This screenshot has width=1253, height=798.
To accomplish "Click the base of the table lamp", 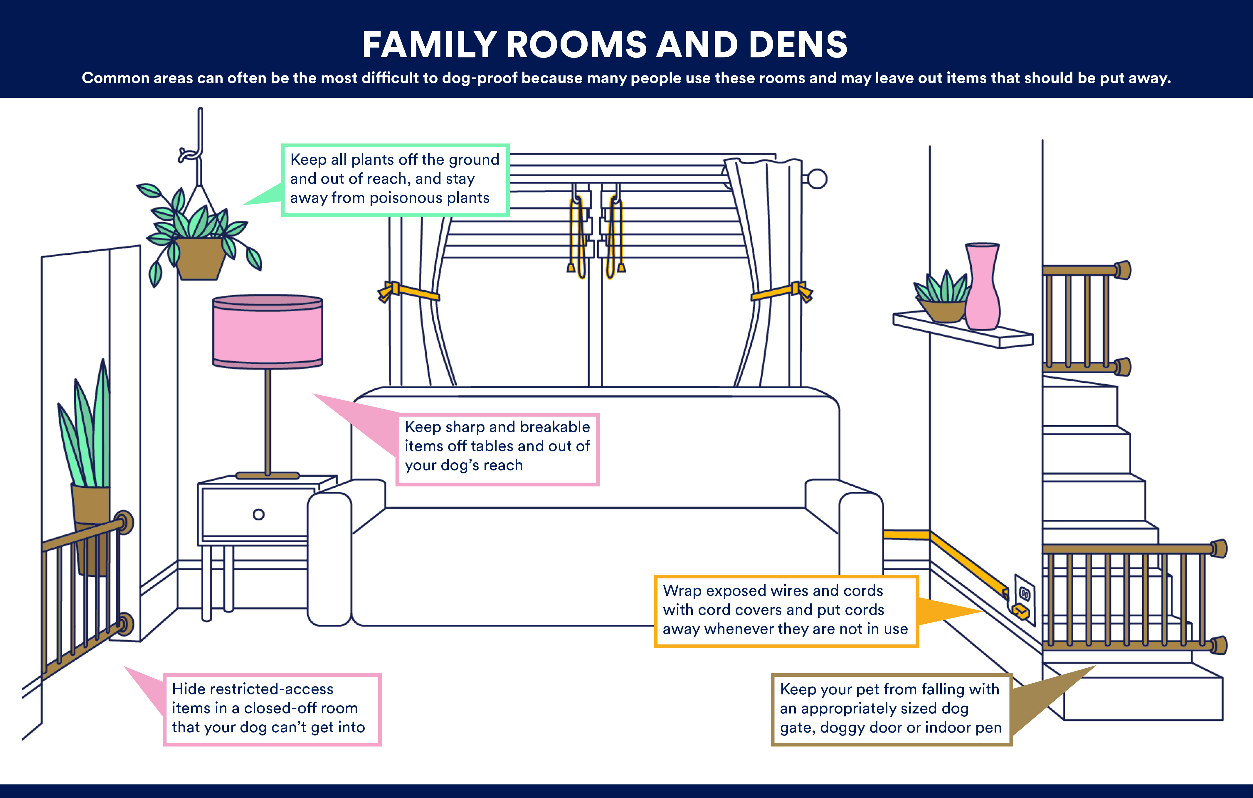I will [x=268, y=475].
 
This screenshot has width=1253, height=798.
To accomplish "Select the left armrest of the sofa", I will [x=329, y=557].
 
